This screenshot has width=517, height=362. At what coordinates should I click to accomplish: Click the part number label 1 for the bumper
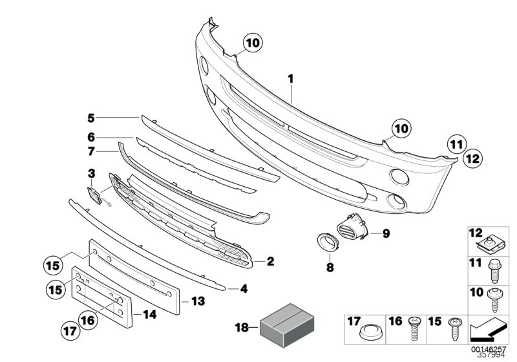tap(291, 79)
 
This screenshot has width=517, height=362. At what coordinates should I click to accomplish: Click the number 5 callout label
tap(91, 118)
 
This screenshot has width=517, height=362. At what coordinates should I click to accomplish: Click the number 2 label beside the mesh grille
tap(270, 262)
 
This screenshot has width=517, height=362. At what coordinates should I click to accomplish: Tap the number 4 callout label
tap(244, 289)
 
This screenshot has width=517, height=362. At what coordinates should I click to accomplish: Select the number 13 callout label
tap(198, 301)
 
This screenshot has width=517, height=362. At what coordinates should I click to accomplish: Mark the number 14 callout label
tap(149, 316)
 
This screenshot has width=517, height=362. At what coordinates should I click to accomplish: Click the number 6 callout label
tap(91, 137)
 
